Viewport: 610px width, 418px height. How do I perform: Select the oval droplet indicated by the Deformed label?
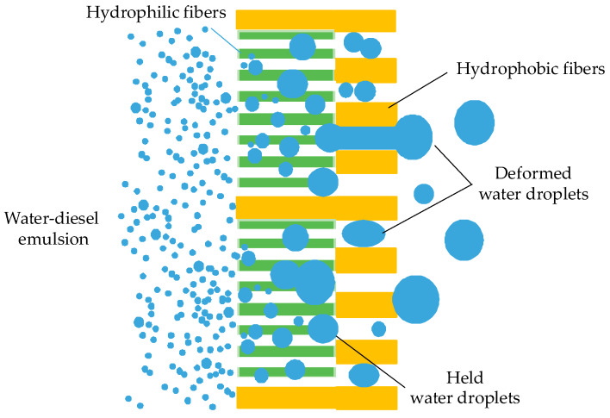[x=364, y=233]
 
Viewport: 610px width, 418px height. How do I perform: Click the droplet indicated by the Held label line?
[x=323, y=328]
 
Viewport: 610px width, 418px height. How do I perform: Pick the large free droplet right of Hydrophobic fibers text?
[x=475, y=122]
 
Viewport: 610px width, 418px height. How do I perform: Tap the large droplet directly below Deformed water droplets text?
[x=464, y=240]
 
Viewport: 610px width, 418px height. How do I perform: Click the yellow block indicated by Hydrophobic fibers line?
[x=365, y=114]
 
